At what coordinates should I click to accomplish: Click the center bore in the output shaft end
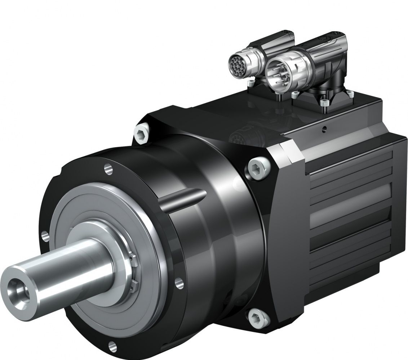click(x=18, y=288)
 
